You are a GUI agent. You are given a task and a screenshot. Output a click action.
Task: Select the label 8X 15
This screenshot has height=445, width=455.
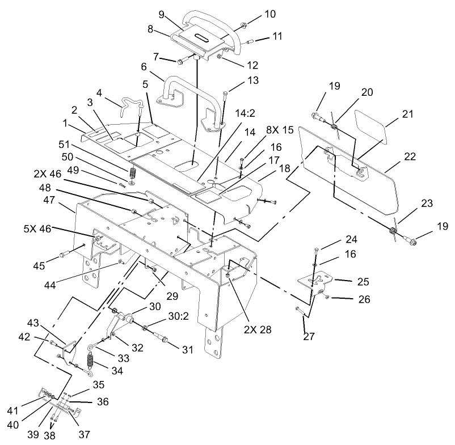coord(280,130)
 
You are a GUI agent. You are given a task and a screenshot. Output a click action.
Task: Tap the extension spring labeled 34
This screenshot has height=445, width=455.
coord(90,360)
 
